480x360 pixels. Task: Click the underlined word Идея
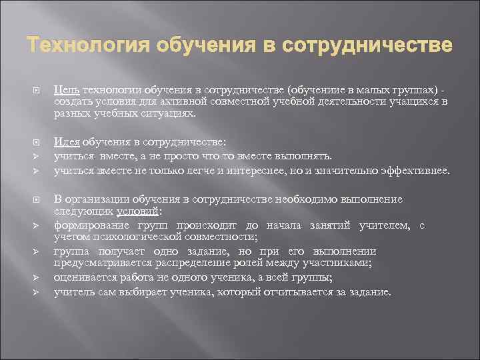pos(66,142)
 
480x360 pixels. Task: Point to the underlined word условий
pos(139,212)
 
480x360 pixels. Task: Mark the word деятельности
pos(313,101)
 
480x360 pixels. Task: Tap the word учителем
pos(385,225)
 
